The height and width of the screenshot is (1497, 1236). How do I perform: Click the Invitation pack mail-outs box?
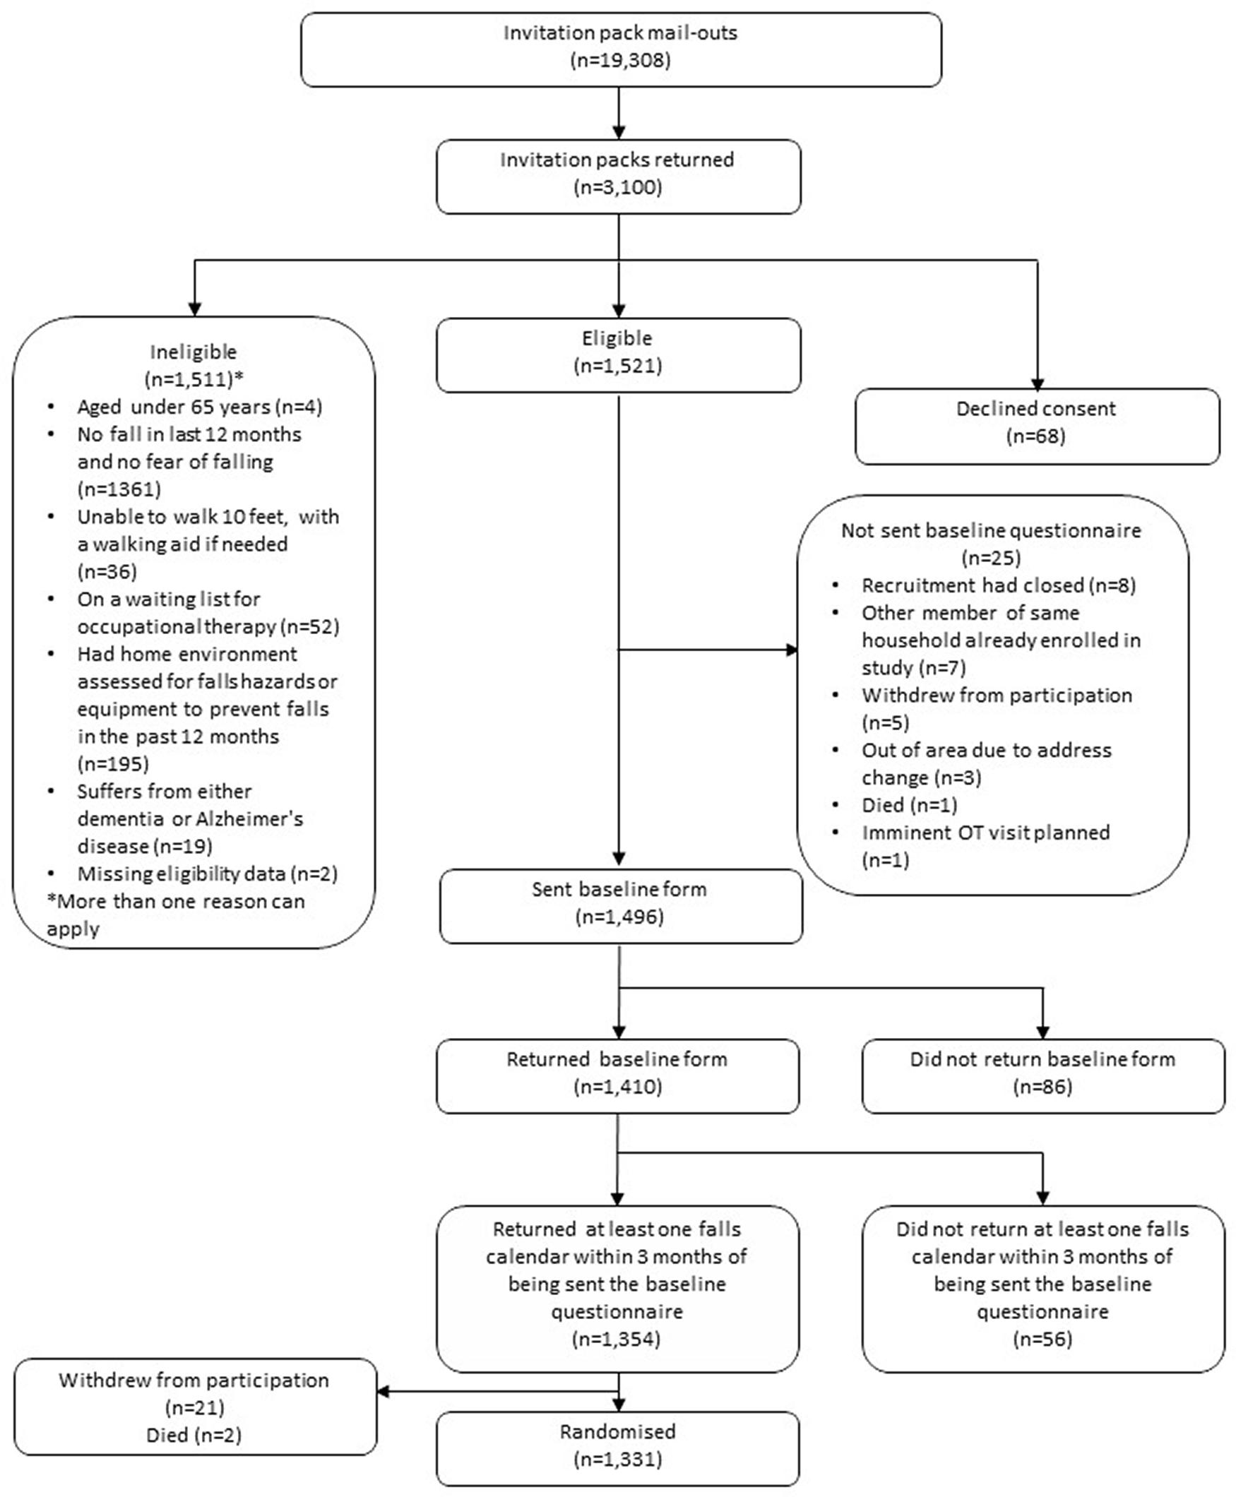[621, 50]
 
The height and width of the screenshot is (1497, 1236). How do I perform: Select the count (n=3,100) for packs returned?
[618, 187]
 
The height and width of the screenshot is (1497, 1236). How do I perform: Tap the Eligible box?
[618, 354]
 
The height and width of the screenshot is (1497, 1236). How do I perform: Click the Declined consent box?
[1037, 427]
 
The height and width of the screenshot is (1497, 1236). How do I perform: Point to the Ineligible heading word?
[193, 352]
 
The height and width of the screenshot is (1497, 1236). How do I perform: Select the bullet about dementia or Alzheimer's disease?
[191, 818]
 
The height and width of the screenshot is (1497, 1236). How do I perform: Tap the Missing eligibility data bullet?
[192, 873]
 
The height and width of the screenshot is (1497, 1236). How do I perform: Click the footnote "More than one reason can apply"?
[176, 914]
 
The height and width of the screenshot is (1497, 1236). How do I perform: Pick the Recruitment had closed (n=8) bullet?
[985, 585]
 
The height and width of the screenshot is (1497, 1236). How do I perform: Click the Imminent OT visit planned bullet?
[972, 847]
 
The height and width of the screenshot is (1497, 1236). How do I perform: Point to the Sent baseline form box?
[621, 906]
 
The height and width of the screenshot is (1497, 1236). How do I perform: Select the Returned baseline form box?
[618, 1076]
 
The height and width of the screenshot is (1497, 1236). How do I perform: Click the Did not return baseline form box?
[1043, 1076]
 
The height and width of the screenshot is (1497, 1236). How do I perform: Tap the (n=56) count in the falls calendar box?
[1043, 1339]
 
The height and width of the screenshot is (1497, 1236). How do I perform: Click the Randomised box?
[618, 1448]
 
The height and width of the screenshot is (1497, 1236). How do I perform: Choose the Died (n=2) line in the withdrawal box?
[194, 1434]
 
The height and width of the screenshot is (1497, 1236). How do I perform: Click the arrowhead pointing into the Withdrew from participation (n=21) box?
[383, 1391]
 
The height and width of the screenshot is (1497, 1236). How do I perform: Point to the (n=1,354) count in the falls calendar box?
[617, 1339]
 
